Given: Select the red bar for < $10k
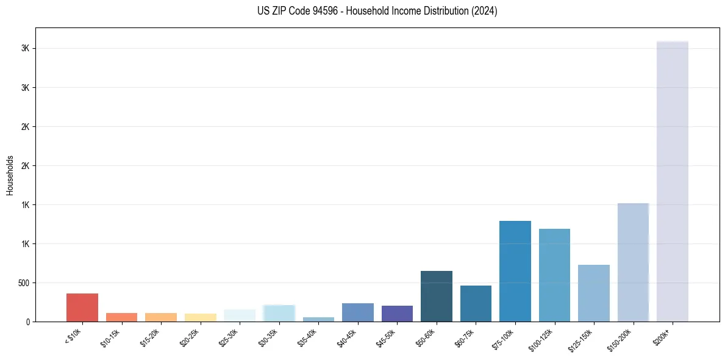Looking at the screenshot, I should coord(82,308).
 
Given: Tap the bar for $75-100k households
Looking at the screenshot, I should coord(515,271).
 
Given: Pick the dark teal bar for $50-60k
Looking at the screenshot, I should coord(436,296).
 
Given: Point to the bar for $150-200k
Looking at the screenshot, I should coord(633,262).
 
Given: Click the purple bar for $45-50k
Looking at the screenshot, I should coord(397,314).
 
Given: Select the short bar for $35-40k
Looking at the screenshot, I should coord(318,319).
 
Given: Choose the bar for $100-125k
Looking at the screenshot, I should coord(554,275).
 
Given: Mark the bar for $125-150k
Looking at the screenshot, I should coord(593,293).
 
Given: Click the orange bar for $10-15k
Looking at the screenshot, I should coord(121,317).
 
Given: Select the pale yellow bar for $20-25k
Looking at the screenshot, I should coord(200,317).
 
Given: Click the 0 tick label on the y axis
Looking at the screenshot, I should coord(27,322).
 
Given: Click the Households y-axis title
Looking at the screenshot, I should coord(10,175).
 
